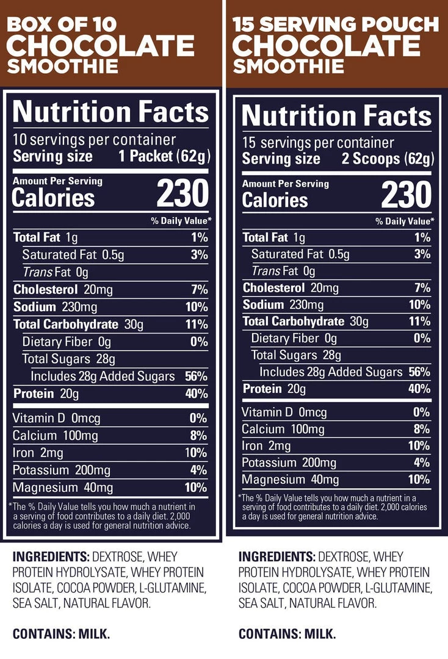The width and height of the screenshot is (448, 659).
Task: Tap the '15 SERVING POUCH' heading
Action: point(335,25)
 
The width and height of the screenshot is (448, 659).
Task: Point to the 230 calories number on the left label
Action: point(182,195)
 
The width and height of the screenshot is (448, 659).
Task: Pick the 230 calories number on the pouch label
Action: point(406,196)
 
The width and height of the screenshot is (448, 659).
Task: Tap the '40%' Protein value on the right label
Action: point(419,389)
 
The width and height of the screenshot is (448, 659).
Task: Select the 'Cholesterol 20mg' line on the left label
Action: point(62,289)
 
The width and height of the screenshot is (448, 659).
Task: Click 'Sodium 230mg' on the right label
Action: point(283,304)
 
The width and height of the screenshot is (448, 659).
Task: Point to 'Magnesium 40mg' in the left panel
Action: point(63,488)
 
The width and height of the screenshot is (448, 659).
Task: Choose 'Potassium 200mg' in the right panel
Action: point(289,463)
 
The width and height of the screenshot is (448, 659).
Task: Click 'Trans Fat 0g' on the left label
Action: point(56,272)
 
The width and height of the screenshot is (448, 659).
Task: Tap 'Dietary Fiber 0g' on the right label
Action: point(294,338)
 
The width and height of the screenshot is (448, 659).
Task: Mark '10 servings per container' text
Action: point(94,140)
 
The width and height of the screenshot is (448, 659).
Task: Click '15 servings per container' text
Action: point(318,143)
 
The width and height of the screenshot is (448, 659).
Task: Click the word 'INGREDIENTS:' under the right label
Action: point(277,556)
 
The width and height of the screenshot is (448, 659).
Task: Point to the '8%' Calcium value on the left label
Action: point(199,436)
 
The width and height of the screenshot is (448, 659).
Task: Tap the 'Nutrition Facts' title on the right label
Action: point(336,116)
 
